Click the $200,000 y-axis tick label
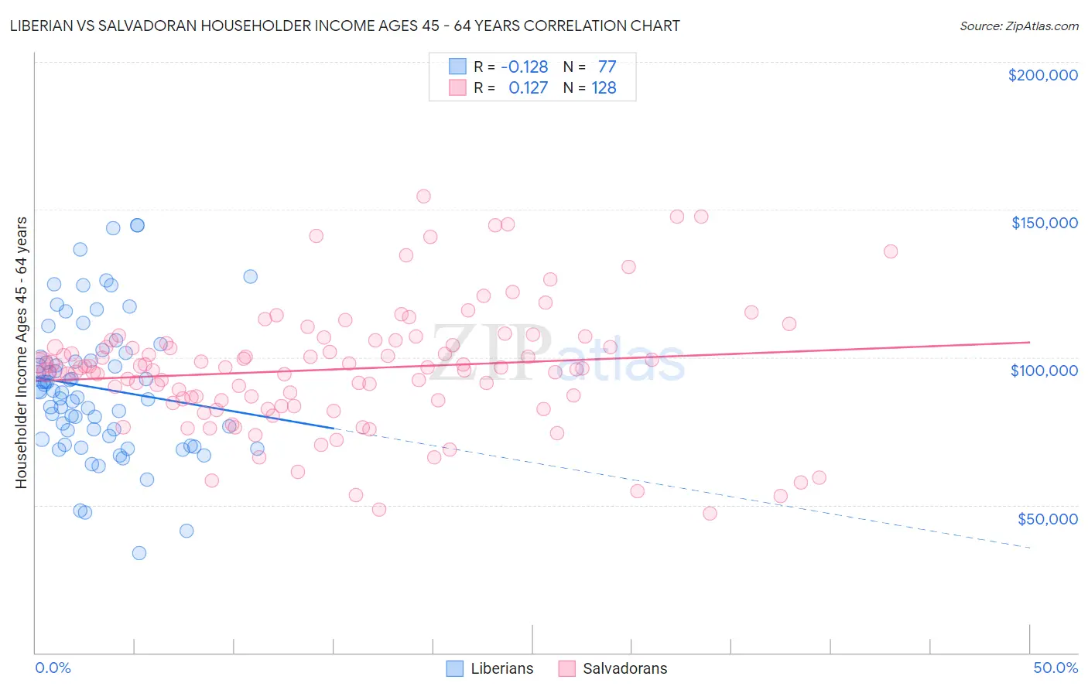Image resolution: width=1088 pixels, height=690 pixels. tap(1042, 75)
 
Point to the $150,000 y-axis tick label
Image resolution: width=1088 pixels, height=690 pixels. tap(1044, 223)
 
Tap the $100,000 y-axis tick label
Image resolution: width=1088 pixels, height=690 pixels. tap(1044, 371)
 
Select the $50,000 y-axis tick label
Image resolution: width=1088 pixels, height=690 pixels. tap(1047, 518)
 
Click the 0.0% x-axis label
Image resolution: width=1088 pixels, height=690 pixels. tap(53, 668)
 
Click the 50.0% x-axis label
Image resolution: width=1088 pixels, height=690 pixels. tap(1055, 668)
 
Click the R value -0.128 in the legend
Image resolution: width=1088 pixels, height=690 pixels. tap(524, 67)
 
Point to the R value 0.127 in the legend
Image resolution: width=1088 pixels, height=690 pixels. tap(528, 87)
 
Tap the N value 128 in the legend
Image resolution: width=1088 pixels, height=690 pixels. tap(604, 87)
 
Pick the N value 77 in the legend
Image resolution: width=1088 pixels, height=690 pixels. tap(607, 67)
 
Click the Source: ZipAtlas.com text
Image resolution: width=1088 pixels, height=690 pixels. tap(1018, 26)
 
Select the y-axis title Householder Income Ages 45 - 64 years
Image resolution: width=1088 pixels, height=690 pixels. tap(21, 353)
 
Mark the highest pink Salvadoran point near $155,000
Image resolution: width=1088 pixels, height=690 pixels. tap(423, 196)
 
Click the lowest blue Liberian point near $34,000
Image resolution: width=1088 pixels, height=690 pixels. tap(139, 553)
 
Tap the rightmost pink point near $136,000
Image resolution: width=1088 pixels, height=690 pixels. tap(891, 251)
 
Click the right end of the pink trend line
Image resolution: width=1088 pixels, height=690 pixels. tap(1029, 342)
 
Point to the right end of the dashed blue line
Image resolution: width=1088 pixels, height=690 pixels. tap(1029, 548)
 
